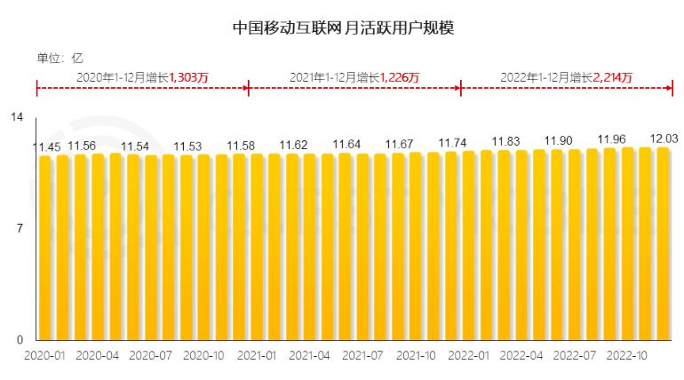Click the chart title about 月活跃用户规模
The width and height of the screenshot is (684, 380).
[342, 28]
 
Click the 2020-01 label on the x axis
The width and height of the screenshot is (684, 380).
[44, 353]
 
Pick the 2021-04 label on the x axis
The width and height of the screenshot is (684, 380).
[309, 353]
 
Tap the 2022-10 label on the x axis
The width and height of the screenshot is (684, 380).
[627, 353]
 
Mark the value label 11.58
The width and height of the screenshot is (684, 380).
[242, 146]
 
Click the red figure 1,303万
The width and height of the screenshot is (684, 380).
[188, 77]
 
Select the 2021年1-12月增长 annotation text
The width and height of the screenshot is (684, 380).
[334, 77]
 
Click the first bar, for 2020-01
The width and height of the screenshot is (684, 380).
[44, 249]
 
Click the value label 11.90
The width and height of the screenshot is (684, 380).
[559, 140]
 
